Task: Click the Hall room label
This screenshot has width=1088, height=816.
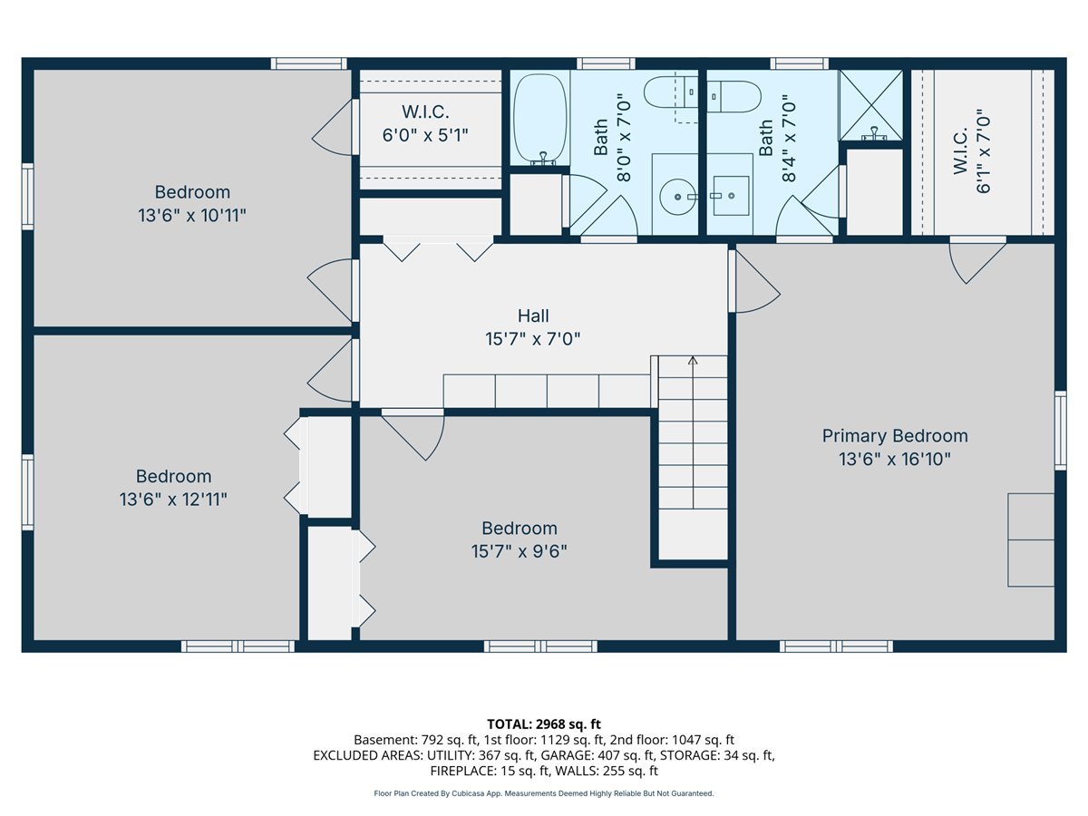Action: pyautogui.click(x=533, y=316)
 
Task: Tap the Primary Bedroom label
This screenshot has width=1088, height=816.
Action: pyautogui.click(x=895, y=436)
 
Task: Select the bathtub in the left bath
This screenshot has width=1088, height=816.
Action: pyautogui.click(x=539, y=119)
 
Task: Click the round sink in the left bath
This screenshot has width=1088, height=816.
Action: pyautogui.click(x=677, y=197)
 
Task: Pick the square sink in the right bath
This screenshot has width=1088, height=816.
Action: pyautogui.click(x=731, y=195)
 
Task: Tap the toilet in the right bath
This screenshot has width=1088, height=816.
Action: pyautogui.click(x=733, y=97)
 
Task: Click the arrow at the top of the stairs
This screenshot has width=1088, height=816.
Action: pyautogui.click(x=693, y=361)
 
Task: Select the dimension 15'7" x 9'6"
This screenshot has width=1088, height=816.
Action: pyautogui.click(x=519, y=551)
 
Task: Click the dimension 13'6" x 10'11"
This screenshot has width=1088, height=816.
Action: pyautogui.click(x=192, y=216)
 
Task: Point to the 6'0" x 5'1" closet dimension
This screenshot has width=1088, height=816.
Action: pyautogui.click(x=425, y=135)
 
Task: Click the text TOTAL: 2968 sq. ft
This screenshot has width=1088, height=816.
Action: pyautogui.click(x=544, y=724)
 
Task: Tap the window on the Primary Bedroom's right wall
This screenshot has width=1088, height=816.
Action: pyautogui.click(x=1060, y=430)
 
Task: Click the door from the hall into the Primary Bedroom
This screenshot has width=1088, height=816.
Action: pyautogui.click(x=754, y=281)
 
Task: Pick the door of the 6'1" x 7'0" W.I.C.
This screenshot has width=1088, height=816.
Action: pyautogui.click(x=977, y=262)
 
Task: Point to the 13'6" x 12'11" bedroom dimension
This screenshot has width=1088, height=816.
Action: pyautogui.click(x=173, y=499)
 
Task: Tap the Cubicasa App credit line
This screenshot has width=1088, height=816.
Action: pyautogui.click(x=544, y=793)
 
